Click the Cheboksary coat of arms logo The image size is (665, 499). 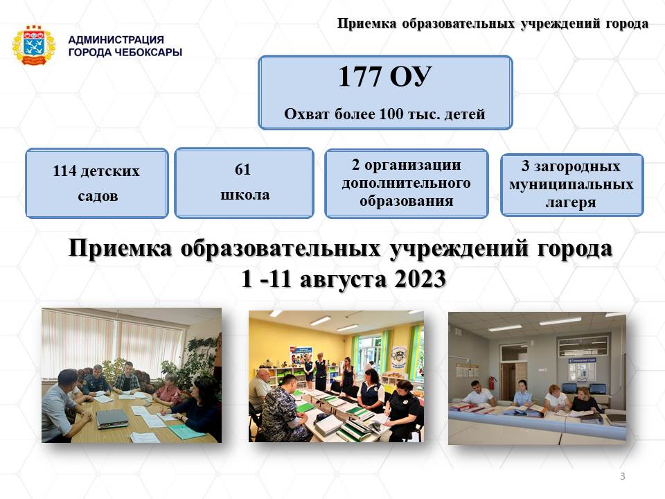click(33, 46)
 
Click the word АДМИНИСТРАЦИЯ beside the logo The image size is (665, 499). click(116, 40)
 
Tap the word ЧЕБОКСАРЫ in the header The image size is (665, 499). click(149, 52)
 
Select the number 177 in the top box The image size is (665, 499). click(360, 76)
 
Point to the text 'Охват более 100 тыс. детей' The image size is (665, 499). click(384, 114)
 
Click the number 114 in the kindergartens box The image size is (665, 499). click(64, 170)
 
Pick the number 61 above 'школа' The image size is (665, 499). click(242, 169)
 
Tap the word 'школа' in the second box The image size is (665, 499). click(245, 194)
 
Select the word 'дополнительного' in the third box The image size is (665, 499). click(407, 183)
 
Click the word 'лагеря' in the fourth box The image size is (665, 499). click(571, 202)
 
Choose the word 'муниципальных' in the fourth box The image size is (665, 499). click(571, 184)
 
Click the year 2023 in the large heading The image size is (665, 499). click(420, 279)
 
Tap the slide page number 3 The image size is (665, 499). click(623, 476)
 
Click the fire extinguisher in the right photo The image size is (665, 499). click(492, 383)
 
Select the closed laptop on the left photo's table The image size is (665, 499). click(112, 418)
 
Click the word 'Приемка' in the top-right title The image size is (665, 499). click(366, 24)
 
